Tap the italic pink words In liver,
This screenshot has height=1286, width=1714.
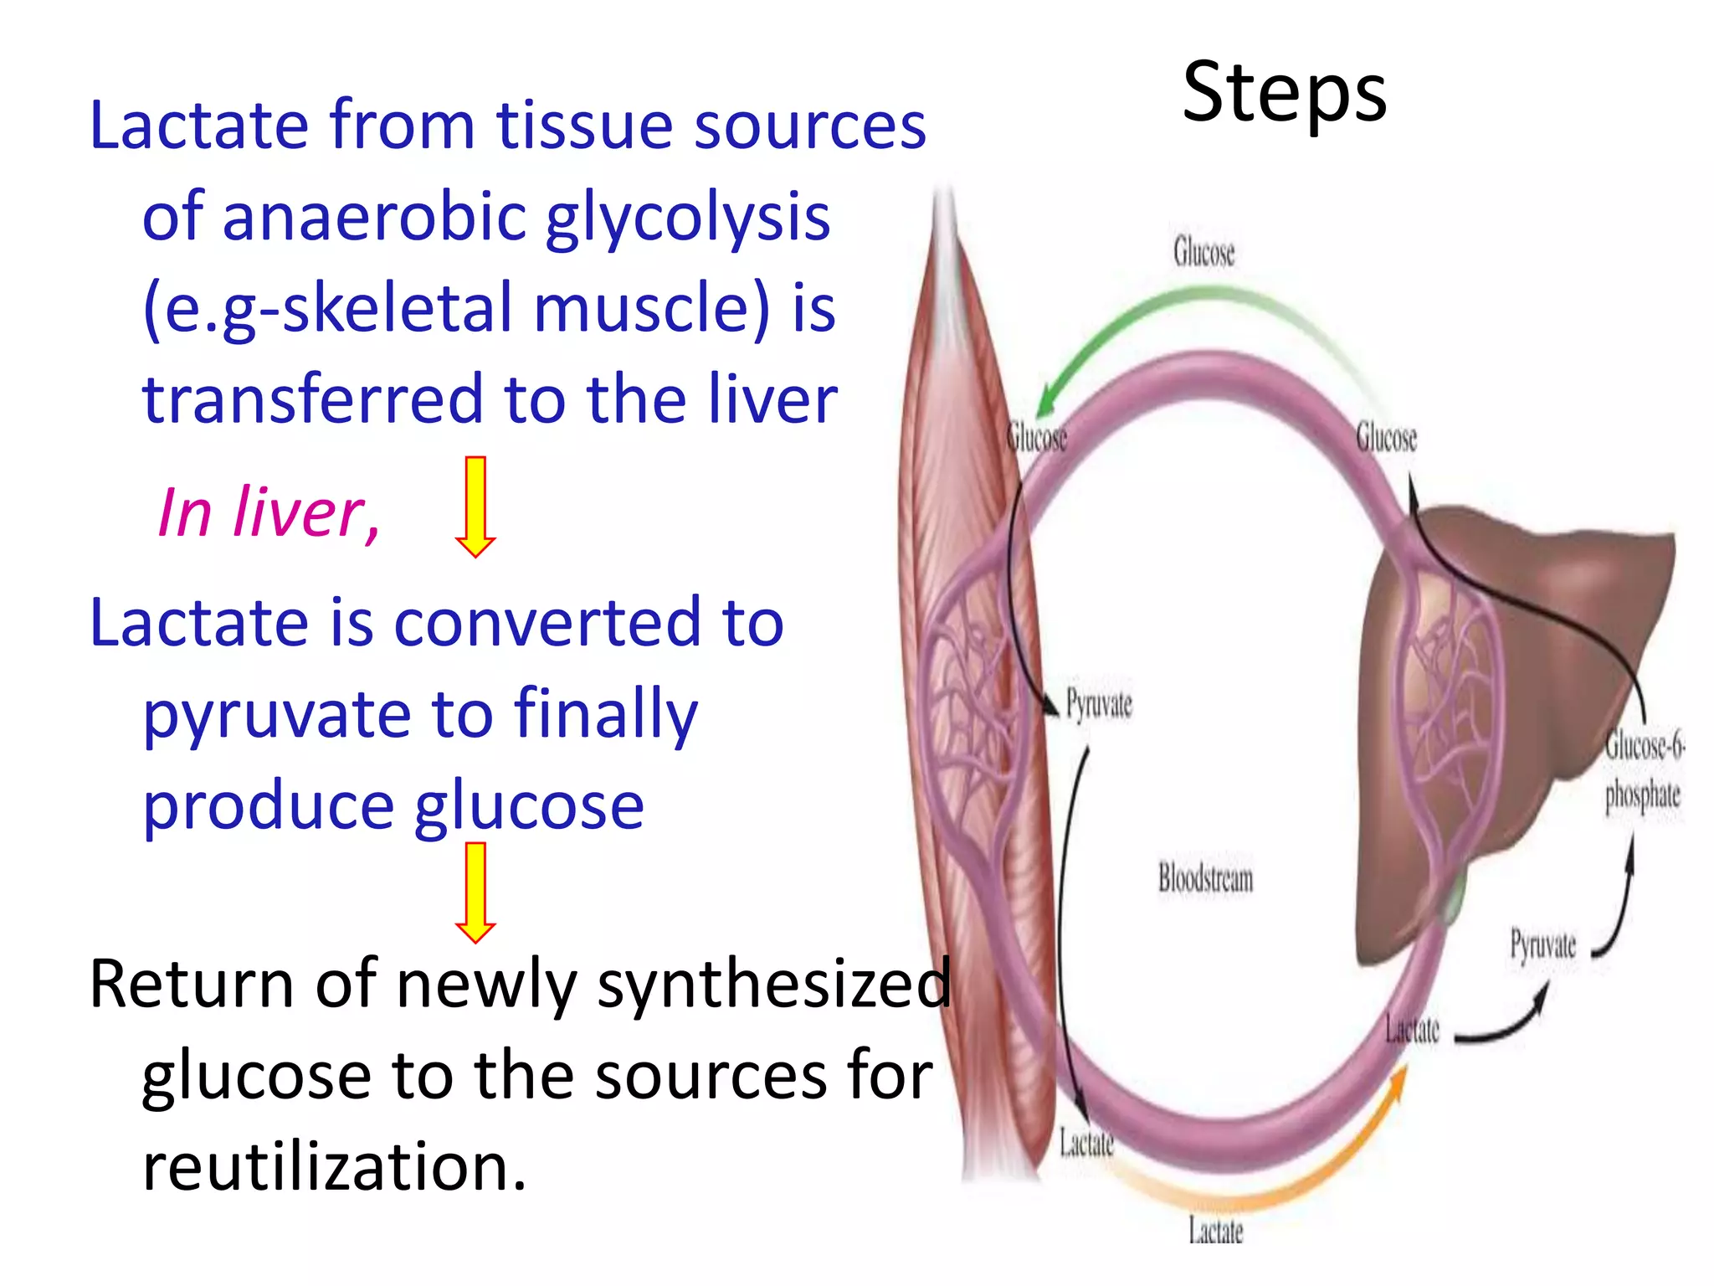pyautogui.click(x=268, y=512)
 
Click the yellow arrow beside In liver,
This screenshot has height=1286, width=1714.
pyautogui.click(x=475, y=507)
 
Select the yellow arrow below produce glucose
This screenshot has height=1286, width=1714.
pyautogui.click(x=475, y=892)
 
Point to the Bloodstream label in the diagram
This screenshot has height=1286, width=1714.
pyautogui.click(x=1205, y=878)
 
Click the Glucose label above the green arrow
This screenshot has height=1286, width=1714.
pyautogui.click(x=1203, y=252)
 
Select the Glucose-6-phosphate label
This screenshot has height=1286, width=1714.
pyautogui.click(x=1643, y=770)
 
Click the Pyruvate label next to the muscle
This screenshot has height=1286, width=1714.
pyautogui.click(x=1099, y=704)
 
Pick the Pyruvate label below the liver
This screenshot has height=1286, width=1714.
pyautogui.click(x=1542, y=945)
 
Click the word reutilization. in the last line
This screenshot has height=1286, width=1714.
pyautogui.click(x=335, y=1166)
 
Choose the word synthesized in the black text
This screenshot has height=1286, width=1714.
pyautogui.click(x=774, y=985)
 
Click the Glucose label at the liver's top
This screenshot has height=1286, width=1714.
pyautogui.click(x=1386, y=438)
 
